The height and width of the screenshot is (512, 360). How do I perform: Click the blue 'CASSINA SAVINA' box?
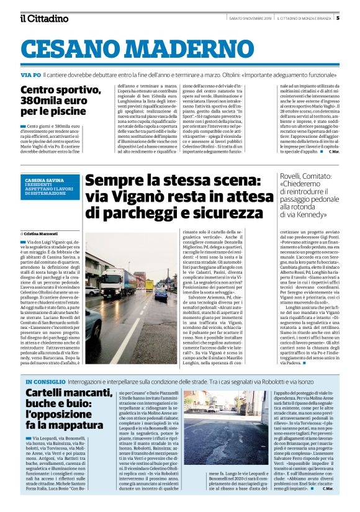(49, 186)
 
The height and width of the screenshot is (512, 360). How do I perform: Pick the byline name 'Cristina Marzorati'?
(41, 233)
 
